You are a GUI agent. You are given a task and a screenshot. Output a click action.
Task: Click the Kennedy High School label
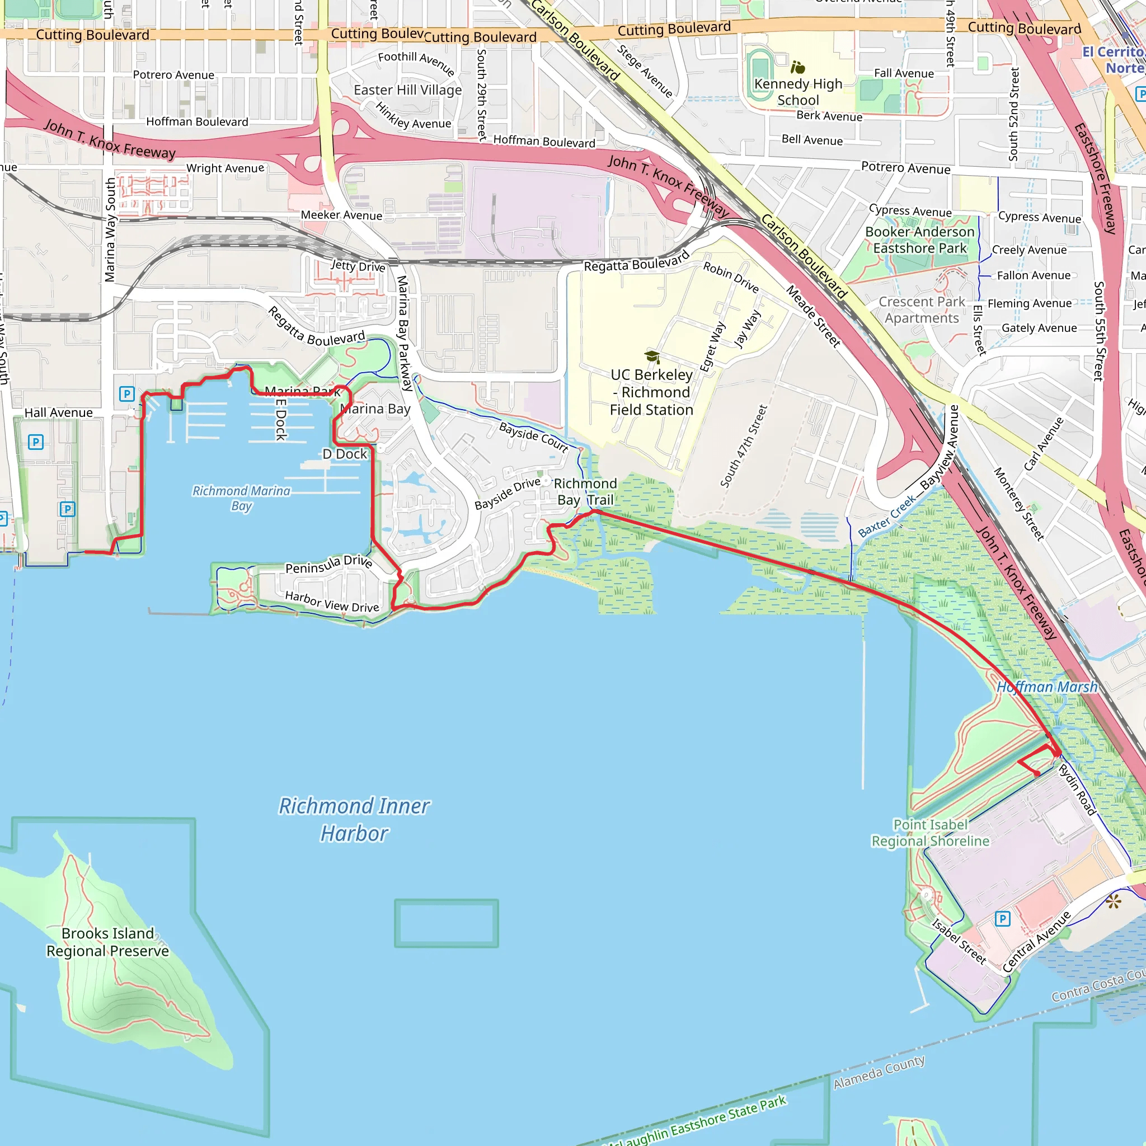(798, 92)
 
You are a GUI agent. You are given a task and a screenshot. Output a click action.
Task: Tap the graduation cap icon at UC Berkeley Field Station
(652, 356)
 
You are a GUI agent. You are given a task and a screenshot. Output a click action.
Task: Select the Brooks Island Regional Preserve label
(107, 942)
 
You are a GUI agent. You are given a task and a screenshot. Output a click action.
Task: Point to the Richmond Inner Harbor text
(354, 820)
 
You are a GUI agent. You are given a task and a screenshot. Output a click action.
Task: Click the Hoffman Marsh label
(1047, 687)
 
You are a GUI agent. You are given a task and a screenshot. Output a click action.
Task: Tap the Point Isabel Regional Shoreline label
(930, 833)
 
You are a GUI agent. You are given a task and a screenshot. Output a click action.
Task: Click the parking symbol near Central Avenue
(1002, 919)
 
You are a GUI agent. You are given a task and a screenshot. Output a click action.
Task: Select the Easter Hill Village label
(407, 90)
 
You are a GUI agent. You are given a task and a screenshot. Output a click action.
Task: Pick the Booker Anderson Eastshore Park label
(919, 239)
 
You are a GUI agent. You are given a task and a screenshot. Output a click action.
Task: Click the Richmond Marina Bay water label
(241, 498)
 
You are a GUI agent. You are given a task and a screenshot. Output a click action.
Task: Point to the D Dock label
(345, 454)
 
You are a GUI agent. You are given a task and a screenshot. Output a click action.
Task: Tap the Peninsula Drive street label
(328, 564)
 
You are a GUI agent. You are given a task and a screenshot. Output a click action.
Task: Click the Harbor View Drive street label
(332, 602)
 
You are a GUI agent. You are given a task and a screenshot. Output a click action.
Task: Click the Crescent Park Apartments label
(922, 309)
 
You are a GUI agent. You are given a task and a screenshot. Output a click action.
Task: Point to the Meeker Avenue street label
(341, 215)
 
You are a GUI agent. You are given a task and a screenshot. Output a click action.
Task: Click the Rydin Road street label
(1077, 790)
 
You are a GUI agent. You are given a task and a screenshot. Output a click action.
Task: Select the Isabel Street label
(959, 941)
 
